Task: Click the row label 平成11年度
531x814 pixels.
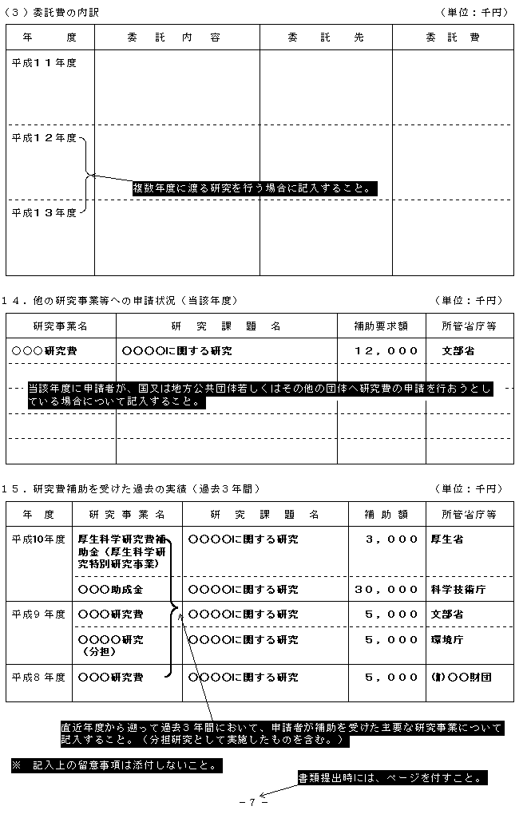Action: point(44,63)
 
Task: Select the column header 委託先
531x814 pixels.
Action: point(325,37)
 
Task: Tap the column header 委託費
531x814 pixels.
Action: point(453,37)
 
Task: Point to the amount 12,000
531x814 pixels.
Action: point(386,350)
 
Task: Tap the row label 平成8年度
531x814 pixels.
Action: point(38,677)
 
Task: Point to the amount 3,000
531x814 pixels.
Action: point(391,539)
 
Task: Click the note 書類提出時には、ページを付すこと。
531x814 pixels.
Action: point(392,777)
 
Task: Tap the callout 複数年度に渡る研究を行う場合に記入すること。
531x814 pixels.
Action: point(255,188)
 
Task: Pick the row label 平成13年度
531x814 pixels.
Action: point(44,212)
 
